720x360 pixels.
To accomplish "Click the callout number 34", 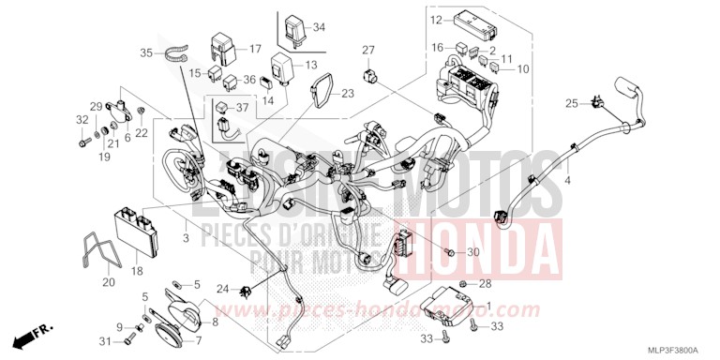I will (318, 27).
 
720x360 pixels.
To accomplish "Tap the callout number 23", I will (348, 93).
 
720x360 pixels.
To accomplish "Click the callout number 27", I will (368, 50).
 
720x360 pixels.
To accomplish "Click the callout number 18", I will (137, 271).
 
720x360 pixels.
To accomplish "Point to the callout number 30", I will (472, 253).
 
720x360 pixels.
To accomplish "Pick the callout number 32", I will (81, 120).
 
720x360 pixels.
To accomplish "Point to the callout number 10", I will (523, 69).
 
